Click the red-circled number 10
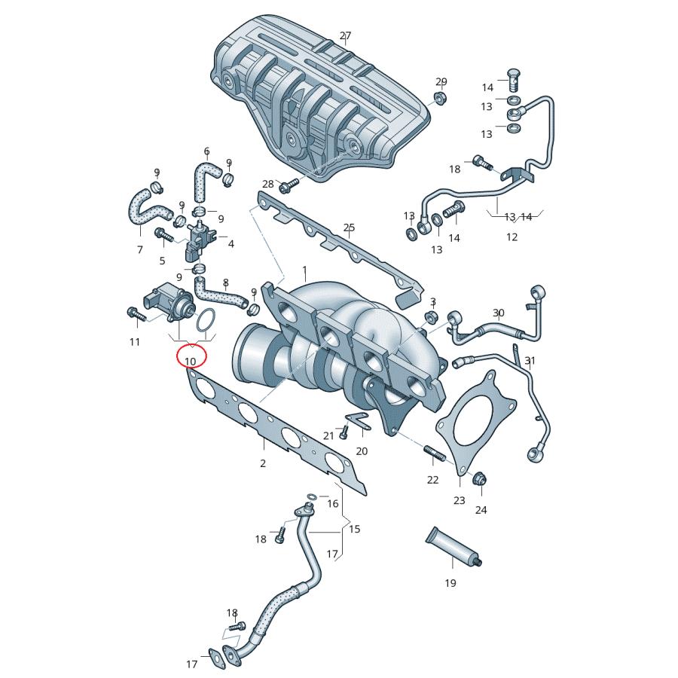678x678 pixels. (x=191, y=361)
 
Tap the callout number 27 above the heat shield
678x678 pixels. (x=346, y=35)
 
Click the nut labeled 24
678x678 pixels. (x=480, y=478)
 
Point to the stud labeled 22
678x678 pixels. (x=434, y=453)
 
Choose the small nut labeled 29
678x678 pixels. (x=440, y=98)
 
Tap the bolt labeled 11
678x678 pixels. (x=136, y=315)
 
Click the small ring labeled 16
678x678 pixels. (x=313, y=496)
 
